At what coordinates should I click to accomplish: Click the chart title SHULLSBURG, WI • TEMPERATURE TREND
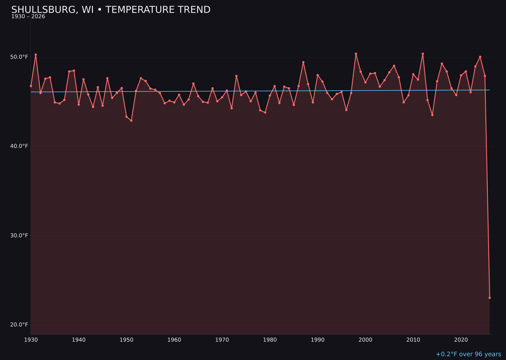point(111,10)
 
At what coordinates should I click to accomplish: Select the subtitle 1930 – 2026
point(28,16)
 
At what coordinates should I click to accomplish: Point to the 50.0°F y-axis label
point(20,57)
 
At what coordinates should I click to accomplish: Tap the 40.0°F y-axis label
point(20,146)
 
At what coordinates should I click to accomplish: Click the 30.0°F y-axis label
point(20,235)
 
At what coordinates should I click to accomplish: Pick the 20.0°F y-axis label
point(20,325)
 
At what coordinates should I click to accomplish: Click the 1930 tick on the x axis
point(31,339)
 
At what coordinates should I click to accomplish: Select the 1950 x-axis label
point(126,339)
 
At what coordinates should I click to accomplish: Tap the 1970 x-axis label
point(222,339)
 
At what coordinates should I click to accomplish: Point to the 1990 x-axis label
point(318,339)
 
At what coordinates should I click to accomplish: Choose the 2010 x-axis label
point(413,339)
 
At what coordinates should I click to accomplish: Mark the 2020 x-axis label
point(461,339)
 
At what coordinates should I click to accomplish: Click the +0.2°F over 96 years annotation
point(468,354)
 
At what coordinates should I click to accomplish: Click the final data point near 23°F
point(490,298)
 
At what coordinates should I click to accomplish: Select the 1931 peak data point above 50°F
point(36,54)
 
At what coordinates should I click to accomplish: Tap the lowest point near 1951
point(131,120)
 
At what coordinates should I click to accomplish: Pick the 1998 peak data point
point(356,53)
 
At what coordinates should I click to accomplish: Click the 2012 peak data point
point(423,53)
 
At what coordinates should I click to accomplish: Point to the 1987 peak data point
point(303,62)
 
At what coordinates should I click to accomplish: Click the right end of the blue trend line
point(490,90)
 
